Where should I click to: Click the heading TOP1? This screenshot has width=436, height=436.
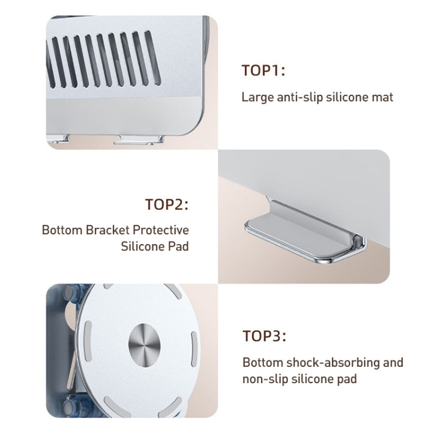(x=263, y=71)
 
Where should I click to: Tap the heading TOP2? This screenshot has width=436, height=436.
(x=167, y=205)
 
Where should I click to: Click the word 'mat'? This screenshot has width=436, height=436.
(x=383, y=97)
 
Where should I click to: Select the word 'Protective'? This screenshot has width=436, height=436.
(x=162, y=230)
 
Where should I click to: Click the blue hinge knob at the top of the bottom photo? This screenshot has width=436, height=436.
(x=75, y=295)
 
